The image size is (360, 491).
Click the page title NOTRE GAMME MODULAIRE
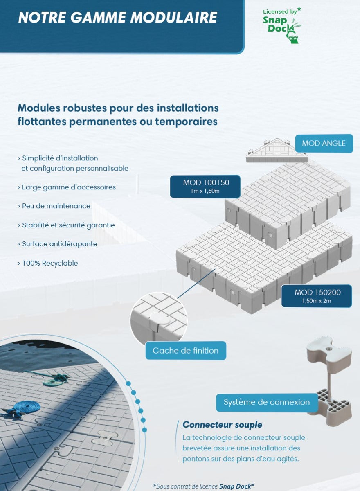click(118, 18)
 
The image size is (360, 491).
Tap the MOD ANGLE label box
click(324, 143)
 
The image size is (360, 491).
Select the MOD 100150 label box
click(206, 186)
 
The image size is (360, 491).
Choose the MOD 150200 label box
click(317, 296)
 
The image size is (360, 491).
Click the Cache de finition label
click(185, 351)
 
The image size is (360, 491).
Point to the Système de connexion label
click(266, 402)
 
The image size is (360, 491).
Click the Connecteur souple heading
click(222, 424)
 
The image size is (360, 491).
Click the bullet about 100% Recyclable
click(49, 263)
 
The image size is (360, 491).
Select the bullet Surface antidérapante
click(59, 244)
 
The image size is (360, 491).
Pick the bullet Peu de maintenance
click(56, 206)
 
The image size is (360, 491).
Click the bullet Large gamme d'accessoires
click(68, 187)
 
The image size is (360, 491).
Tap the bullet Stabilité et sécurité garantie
click(68, 225)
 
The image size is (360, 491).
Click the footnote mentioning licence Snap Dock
click(203, 486)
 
